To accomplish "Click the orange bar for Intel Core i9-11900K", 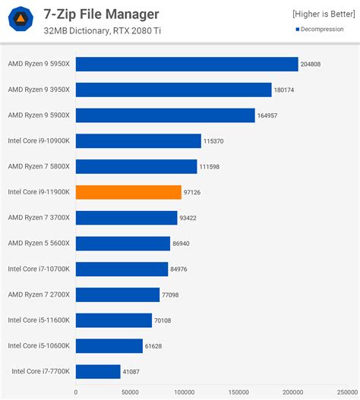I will (x=128, y=192).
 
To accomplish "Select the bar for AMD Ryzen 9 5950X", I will (x=187, y=64).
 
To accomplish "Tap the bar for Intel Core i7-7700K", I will (x=98, y=371).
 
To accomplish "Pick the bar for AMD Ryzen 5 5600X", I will (x=123, y=243).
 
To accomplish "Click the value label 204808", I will (x=311, y=65).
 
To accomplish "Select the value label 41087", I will (x=133, y=372).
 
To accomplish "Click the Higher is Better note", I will (x=322, y=14).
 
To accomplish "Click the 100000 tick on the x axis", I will (x=184, y=392).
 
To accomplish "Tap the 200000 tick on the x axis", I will (x=292, y=392).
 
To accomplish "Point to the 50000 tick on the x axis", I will (x=130, y=392).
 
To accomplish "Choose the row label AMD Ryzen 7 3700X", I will (x=39, y=218).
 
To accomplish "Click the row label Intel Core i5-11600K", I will (x=39, y=320).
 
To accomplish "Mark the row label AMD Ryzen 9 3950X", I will (x=39, y=90).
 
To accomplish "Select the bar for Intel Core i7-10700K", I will (x=122, y=269).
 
